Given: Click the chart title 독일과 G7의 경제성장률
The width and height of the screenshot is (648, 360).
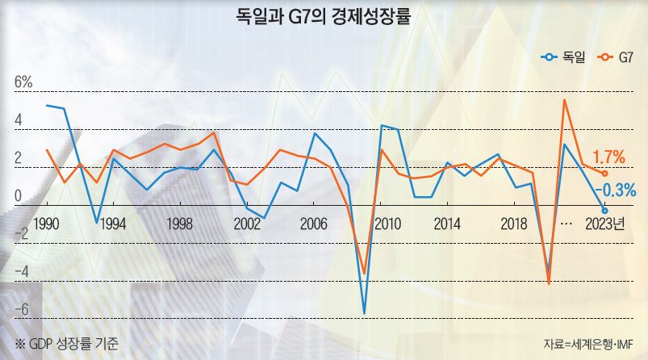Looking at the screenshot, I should point(324,16).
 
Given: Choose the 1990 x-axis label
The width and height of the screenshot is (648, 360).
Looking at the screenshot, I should point(46,223).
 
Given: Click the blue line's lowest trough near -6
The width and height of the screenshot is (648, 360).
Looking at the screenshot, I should point(365,313).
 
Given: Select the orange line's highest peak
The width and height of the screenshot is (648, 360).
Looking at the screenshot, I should point(565,99).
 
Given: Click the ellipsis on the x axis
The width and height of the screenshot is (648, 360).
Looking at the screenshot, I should point(566,223).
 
